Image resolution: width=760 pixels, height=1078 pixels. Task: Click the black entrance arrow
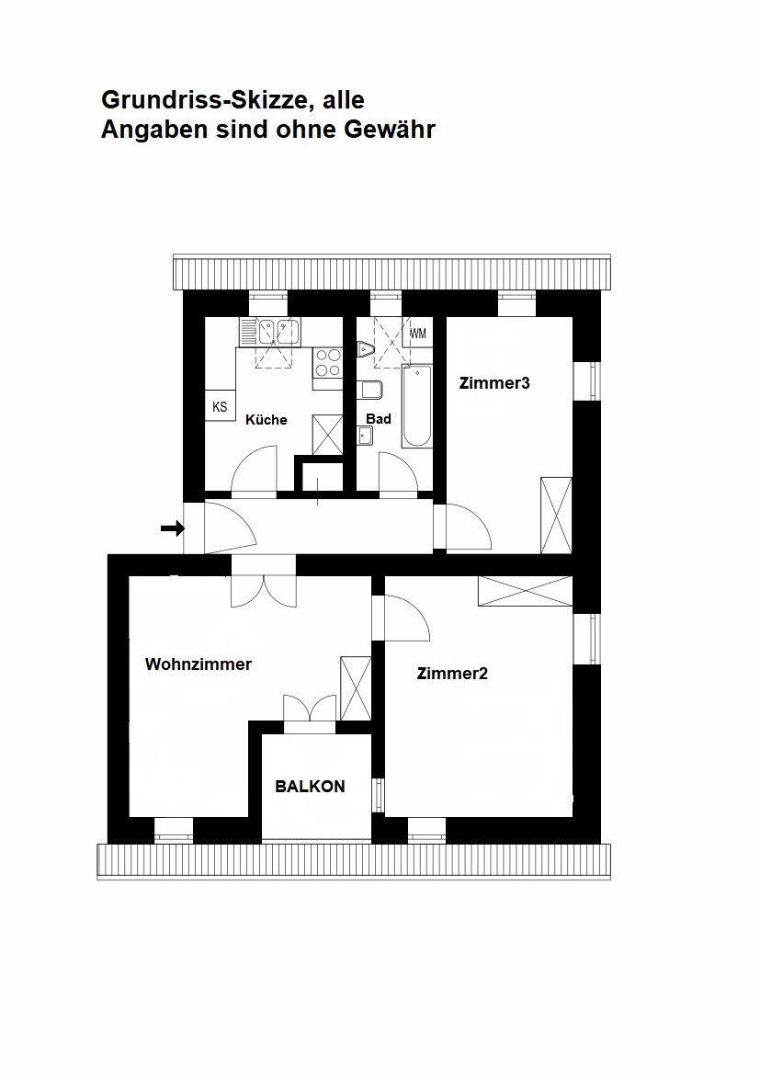(172, 528)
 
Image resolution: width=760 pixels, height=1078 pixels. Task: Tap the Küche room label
(267, 420)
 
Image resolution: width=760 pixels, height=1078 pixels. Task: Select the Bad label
(379, 419)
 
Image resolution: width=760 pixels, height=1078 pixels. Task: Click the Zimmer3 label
(494, 383)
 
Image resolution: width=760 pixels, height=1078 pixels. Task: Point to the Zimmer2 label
(452, 674)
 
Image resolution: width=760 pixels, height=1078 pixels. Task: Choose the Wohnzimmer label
(199, 664)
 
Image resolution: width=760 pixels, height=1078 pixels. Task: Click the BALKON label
(311, 787)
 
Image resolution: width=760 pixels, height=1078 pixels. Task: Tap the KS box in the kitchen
(220, 406)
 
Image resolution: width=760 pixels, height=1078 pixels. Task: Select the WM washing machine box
(418, 333)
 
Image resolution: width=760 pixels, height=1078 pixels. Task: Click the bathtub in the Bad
(416, 405)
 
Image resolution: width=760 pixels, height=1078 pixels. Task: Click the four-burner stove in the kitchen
(327, 363)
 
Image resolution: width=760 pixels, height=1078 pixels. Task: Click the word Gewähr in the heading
(390, 130)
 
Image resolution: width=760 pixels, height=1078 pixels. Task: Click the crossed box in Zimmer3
(556, 516)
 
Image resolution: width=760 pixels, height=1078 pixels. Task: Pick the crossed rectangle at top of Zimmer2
(525, 591)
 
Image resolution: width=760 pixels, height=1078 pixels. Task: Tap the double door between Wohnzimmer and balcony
(310, 713)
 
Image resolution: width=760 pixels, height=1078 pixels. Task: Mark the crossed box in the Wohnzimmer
(355, 688)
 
